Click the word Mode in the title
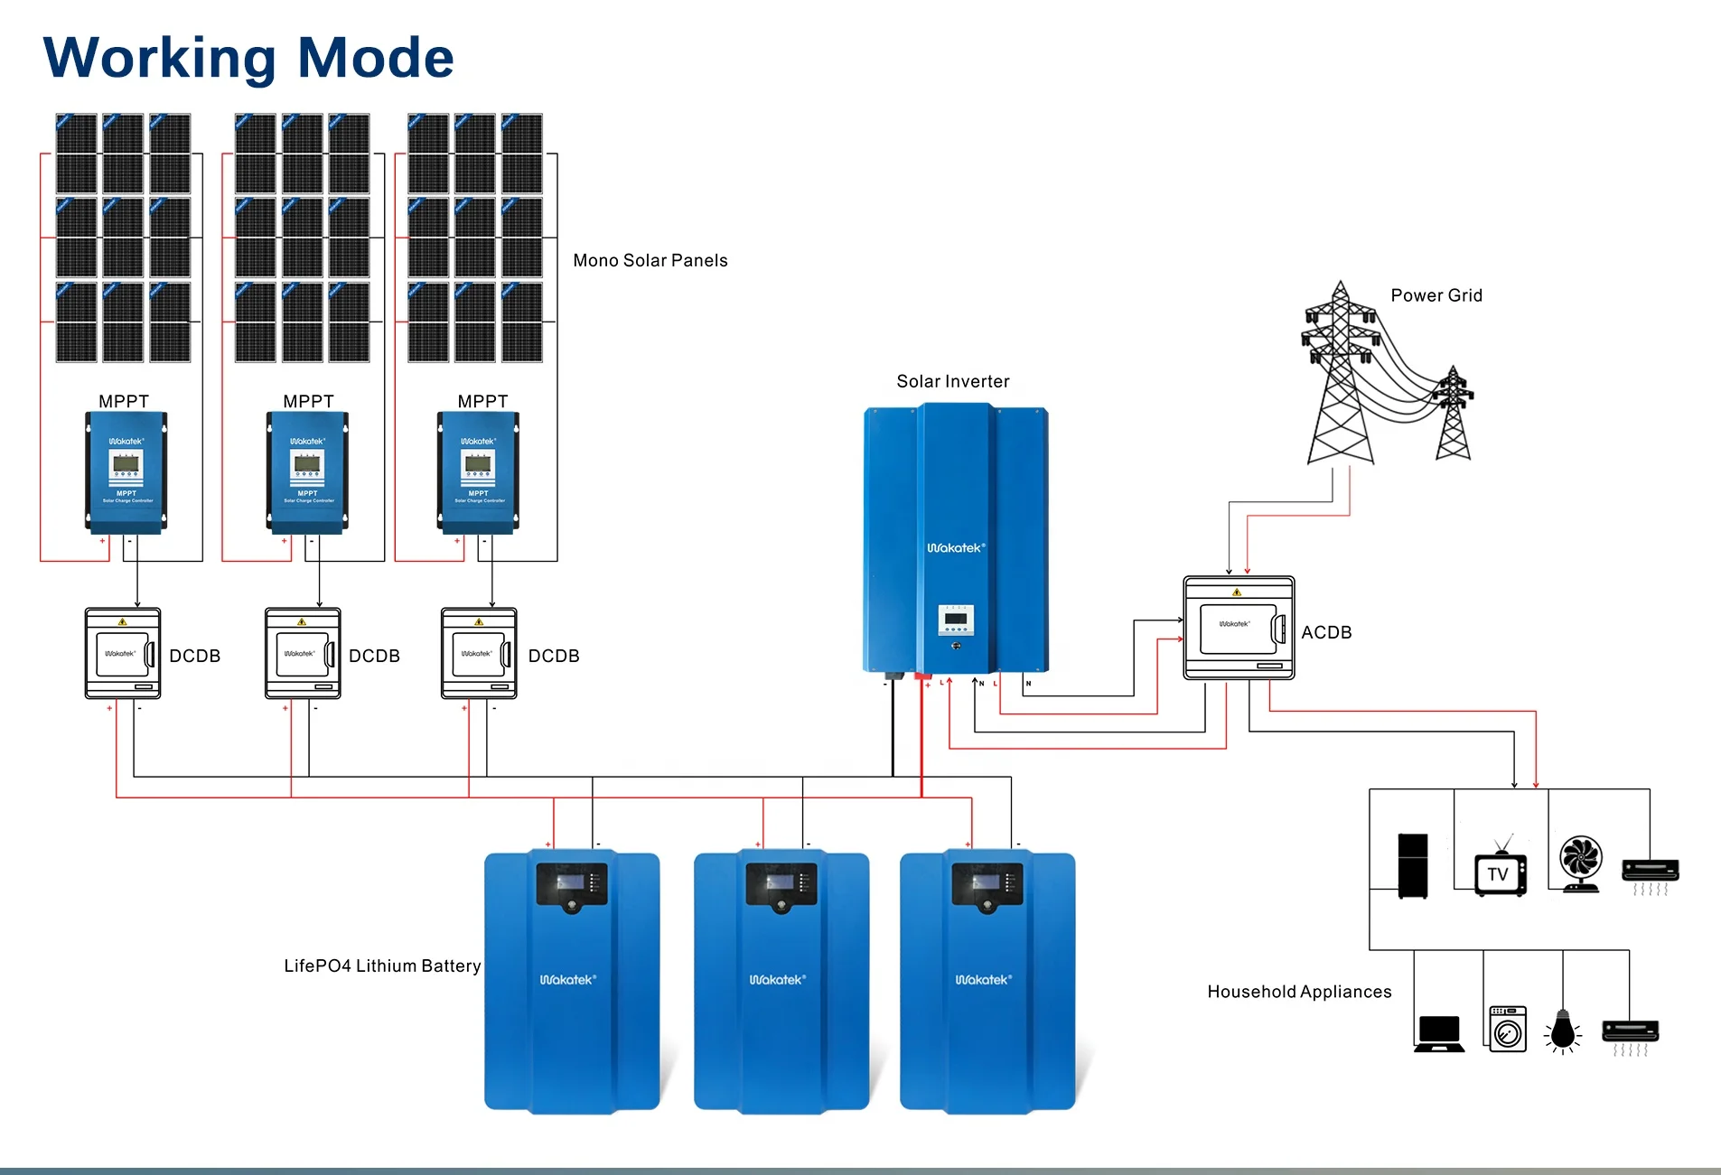tap(375, 58)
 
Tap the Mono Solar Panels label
tap(650, 260)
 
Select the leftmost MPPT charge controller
tap(126, 471)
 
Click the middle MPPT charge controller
tap(307, 471)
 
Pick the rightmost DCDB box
tap(479, 653)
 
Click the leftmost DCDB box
tap(123, 653)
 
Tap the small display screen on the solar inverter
tap(956, 620)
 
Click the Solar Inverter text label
tap(952, 381)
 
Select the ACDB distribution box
tap(1239, 628)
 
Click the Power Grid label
tap(1436, 295)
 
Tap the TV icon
tap(1500, 872)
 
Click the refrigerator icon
tap(1413, 865)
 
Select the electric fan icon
tap(1581, 863)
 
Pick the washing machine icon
tap(1507, 1029)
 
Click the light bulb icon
tap(1562, 1031)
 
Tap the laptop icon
tap(1439, 1033)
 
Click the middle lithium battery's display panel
tap(781, 883)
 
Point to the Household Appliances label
tap(1298, 992)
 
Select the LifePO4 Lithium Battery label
tap(382, 965)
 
